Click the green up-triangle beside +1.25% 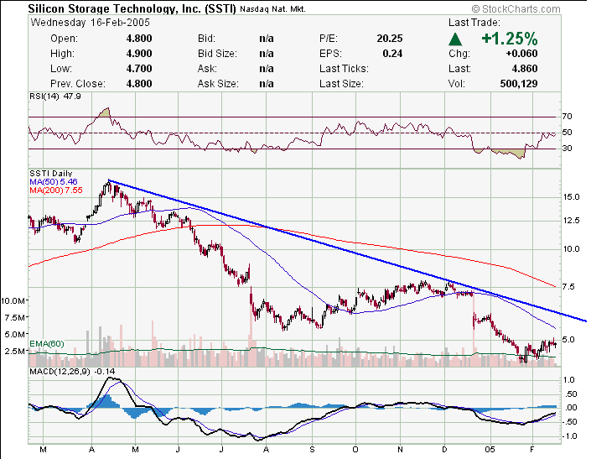click(x=455, y=39)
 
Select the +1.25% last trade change click(x=509, y=39)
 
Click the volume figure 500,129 click(x=517, y=84)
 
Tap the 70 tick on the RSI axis click(x=567, y=117)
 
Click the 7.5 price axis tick click(x=569, y=287)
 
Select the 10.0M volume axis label click(x=13, y=300)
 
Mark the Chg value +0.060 click(x=521, y=54)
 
